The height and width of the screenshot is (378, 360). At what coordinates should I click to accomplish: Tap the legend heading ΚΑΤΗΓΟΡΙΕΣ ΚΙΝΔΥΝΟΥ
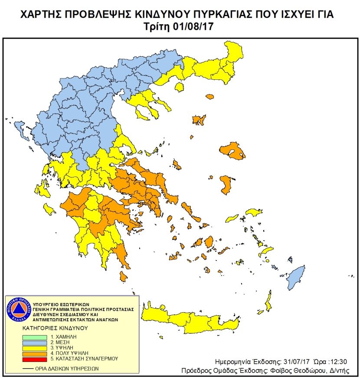pos(55,328)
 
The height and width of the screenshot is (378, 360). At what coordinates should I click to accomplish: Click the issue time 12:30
pos(337,362)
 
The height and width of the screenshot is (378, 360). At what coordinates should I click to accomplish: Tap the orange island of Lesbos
pos(232,151)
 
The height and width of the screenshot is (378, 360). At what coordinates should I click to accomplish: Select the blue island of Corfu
pos(20,127)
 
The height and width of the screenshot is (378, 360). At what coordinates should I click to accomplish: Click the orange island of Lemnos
pos(199,120)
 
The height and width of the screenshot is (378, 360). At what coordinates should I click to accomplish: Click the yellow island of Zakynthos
pos(49,210)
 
